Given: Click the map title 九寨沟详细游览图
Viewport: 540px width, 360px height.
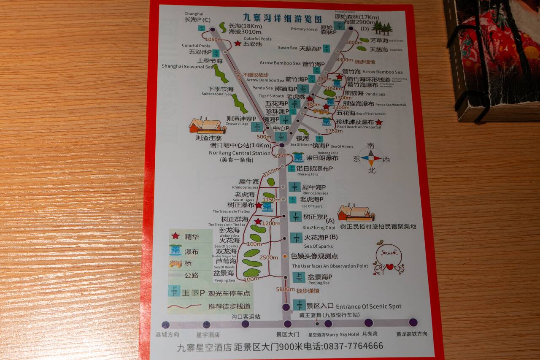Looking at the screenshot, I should pyautogui.click(x=282, y=19).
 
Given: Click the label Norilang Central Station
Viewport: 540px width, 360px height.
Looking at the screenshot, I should pyautogui.click(x=239, y=153).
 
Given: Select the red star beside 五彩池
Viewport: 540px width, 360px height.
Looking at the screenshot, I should pyautogui.click(x=238, y=43).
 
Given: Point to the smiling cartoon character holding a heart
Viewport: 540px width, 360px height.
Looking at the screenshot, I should pyautogui.click(x=389, y=257).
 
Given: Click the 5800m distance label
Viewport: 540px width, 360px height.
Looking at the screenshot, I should pyautogui.click(x=285, y=290).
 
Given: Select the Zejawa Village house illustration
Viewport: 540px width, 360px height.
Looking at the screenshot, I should pyautogui.click(x=207, y=125).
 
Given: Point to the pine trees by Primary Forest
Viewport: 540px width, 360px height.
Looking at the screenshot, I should pyautogui.click(x=383, y=28).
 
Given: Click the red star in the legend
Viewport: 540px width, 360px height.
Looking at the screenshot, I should pyautogui.click(x=175, y=236).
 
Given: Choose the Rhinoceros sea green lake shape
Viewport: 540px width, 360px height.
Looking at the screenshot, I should pyautogui.click(x=271, y=182).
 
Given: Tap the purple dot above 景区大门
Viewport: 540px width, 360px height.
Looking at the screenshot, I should pyautogui.click(x=287, y=324).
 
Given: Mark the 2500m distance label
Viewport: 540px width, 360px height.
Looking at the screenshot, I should pyautogui.click(x=268, y=257).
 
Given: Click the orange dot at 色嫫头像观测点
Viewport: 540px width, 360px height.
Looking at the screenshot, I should pyautogui.click(x=285, y=256).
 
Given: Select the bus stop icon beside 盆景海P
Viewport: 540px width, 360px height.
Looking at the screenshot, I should pyautogui.click(x=299, y=277).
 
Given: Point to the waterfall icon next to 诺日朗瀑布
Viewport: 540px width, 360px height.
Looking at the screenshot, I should pyautogui.click(x=298, y=157).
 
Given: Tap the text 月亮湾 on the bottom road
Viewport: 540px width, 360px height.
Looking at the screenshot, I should pyautogui.click(x=369, y=334).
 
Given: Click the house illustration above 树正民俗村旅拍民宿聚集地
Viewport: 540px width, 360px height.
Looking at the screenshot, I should pyautogui.click(x=356, y=213).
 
